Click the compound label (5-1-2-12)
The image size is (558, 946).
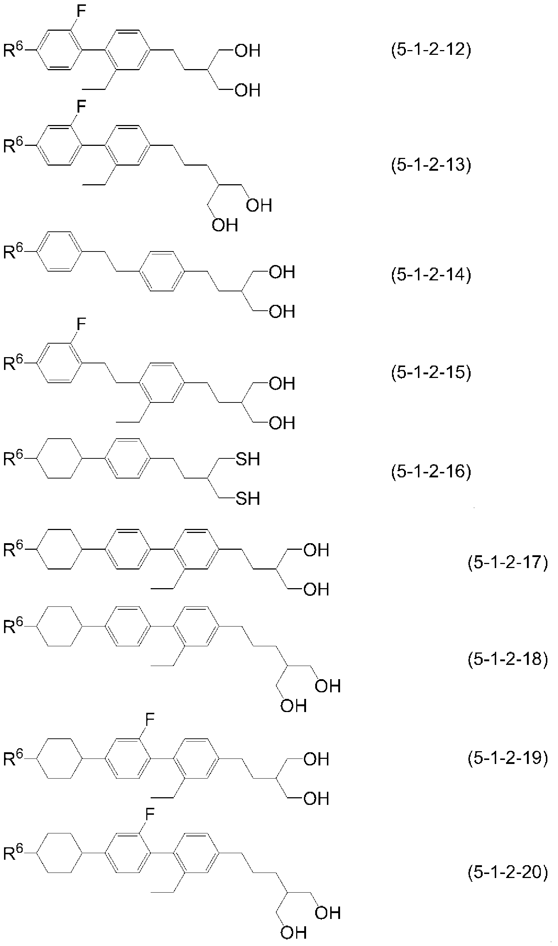431,50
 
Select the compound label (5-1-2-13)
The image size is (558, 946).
431,164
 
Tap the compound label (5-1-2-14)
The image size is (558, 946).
431,275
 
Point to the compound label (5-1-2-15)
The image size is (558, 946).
431,372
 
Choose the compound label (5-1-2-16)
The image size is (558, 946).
431,471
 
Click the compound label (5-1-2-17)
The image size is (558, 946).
508,563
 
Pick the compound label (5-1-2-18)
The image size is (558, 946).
508,659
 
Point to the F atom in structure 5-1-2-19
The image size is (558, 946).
150,720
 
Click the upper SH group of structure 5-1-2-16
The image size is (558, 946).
248,459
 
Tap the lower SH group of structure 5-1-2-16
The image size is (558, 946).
248,498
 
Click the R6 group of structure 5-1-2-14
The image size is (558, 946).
14,251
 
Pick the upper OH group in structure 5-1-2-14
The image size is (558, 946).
282,272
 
